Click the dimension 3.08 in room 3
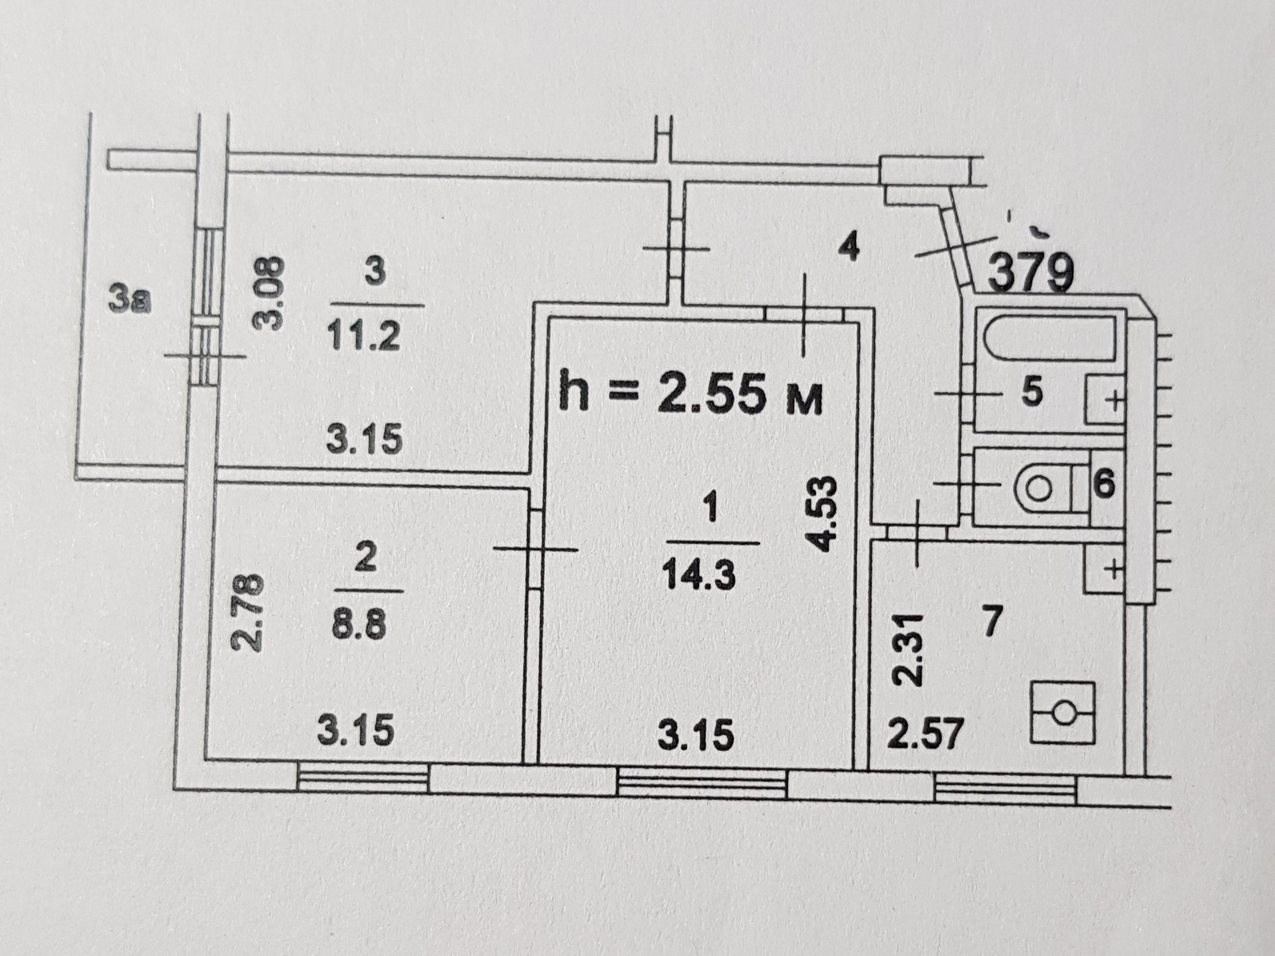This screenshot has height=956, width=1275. [270, 294]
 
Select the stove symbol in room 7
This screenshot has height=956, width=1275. [1062, 712]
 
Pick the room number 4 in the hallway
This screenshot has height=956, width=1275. [849, 247]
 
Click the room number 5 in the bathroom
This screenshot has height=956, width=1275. [1031, 392]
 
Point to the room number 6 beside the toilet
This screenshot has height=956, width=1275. [1104, 484]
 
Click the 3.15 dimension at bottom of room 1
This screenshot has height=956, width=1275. [696, 736]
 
